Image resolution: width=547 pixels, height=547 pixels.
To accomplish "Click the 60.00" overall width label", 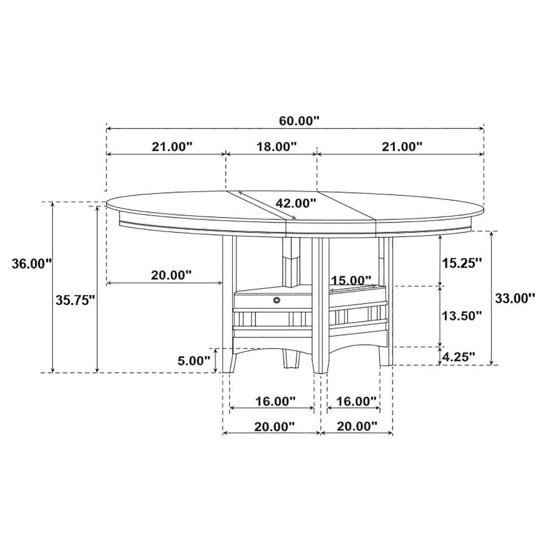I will pos(299,120).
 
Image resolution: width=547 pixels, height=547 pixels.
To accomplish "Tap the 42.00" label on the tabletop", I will pos(296,202).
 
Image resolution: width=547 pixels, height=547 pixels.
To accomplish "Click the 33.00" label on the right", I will pos(515,298).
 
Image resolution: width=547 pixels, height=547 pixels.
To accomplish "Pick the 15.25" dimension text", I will pos(462,263).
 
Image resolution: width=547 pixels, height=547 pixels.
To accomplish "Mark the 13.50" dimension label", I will pos(462,315).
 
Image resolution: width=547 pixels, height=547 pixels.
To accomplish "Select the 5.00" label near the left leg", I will pos(193,360).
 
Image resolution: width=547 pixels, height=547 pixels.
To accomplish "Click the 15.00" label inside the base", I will pos(351,280).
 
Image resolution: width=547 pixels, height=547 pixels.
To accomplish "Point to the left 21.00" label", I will pos(172,146).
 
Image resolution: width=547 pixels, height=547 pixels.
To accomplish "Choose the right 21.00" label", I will pos(402,146).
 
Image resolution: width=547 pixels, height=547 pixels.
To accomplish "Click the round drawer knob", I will pos(277,300).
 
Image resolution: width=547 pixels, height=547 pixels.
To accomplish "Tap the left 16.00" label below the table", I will pos(275,401).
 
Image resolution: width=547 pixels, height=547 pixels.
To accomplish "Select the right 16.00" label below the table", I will pos(356,401).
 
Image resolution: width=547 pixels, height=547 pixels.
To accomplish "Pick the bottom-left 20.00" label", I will pos(275,427).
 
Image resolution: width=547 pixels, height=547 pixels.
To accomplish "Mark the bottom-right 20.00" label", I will pos(356,427).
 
